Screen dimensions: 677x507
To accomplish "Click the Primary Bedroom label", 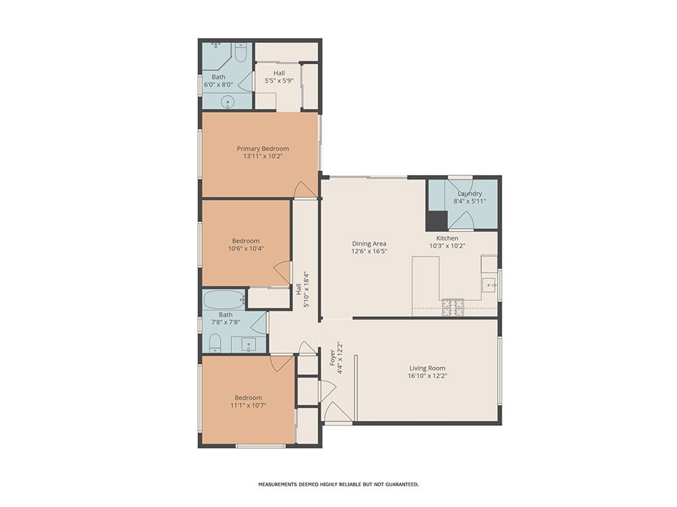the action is pyautogui.click(x=262, y=149).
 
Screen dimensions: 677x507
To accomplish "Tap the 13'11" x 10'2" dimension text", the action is pyautogui.click(x=262, y=156).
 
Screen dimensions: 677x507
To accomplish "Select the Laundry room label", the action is pyautogui.click(x=470, y=193).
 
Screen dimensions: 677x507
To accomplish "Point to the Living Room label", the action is pyautogui.click(x=427, y=368).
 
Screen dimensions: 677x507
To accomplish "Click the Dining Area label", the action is pyautogui.click(x=369, y=244).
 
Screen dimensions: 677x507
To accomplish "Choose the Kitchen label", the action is pyautogui.click(x=448, y=238).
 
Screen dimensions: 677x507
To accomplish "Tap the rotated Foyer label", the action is pyautogui.click(x=333, y=357).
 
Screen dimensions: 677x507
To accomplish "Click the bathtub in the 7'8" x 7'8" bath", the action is pyautogui.click(x=223, y=300).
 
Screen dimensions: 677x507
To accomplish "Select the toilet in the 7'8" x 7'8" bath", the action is pyautogui.click(x=215, y=343).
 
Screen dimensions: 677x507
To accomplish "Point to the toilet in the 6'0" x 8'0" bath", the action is pyautogui.click(x=241, y=51).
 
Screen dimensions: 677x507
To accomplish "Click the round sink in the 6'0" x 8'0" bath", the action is pyautogui.click(x=227, y=102).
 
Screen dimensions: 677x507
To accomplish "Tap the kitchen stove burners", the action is pyautogui.click(x=452, y=306).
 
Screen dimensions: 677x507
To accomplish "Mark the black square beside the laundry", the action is pyautogui.click(x=436, y=220).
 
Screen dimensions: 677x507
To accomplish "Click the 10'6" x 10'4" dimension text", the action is pyautogui.click(x=246, y=248).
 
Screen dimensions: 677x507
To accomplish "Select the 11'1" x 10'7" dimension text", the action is pyautogui.click(x=249, y=405).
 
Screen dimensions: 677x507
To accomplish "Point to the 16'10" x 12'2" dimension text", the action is pyautogui.click(x=427, y=376).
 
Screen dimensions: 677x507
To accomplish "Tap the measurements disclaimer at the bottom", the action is pyautogui.click(x=338, y=485).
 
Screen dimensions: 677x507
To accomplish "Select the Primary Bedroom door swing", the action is pyautogui.click(x=305, y=189).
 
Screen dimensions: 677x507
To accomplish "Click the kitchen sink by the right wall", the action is pyautogui.click(x=489, y=285).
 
